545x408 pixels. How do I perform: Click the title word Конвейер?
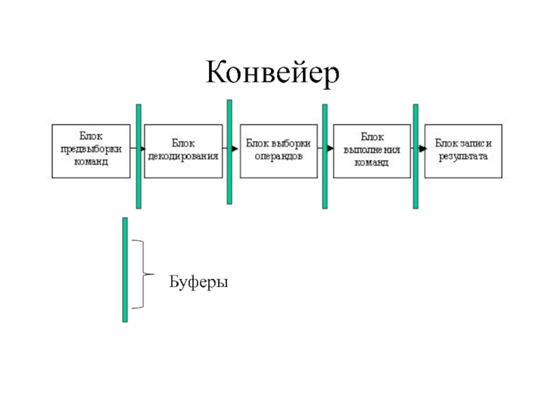point(272,72)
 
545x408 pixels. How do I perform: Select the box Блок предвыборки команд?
point(91,151)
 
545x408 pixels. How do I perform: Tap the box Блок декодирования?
point(183,151)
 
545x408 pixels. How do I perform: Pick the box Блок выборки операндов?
point(279,151)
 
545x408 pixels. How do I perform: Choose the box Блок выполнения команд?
point(372,151)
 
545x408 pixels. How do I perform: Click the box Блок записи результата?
point(463,151)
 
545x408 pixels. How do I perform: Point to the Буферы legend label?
point(198,282)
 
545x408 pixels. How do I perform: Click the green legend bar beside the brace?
point(125,270)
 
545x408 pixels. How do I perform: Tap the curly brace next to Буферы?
point(144,274)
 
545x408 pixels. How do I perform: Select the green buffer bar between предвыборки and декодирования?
point(139,156)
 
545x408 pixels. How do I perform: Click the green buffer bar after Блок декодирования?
point(230,152)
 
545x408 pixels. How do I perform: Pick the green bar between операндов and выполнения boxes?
point(325,156)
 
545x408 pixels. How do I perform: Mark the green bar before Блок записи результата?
point(416,156)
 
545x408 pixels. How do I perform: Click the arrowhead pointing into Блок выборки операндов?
point(235,149)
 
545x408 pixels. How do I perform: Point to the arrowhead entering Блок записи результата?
point(422,149)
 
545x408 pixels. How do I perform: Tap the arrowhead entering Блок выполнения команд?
point(330,148)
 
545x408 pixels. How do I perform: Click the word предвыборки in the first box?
point(91,149)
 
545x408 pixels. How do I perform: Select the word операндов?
point(279,156)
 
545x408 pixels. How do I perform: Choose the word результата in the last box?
point(463,156)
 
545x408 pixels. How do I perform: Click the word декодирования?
point(183,156)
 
